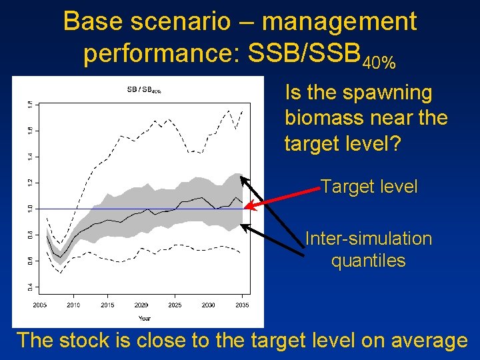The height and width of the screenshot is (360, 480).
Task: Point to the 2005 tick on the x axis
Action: (39, 305)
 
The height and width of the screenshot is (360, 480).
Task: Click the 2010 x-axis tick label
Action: (73, 305)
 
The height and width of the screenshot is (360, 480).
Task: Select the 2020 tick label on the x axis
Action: (141, 305)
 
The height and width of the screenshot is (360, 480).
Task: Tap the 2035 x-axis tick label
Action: (242, 305)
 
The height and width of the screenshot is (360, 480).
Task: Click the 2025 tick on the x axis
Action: (175, 305)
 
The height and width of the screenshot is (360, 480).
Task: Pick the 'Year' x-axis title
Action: (144, 318)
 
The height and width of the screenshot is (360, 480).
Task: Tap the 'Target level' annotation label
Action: (369, 187)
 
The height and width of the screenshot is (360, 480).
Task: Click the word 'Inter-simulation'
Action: (368, 239)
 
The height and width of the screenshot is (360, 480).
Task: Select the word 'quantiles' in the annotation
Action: (368, 260)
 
